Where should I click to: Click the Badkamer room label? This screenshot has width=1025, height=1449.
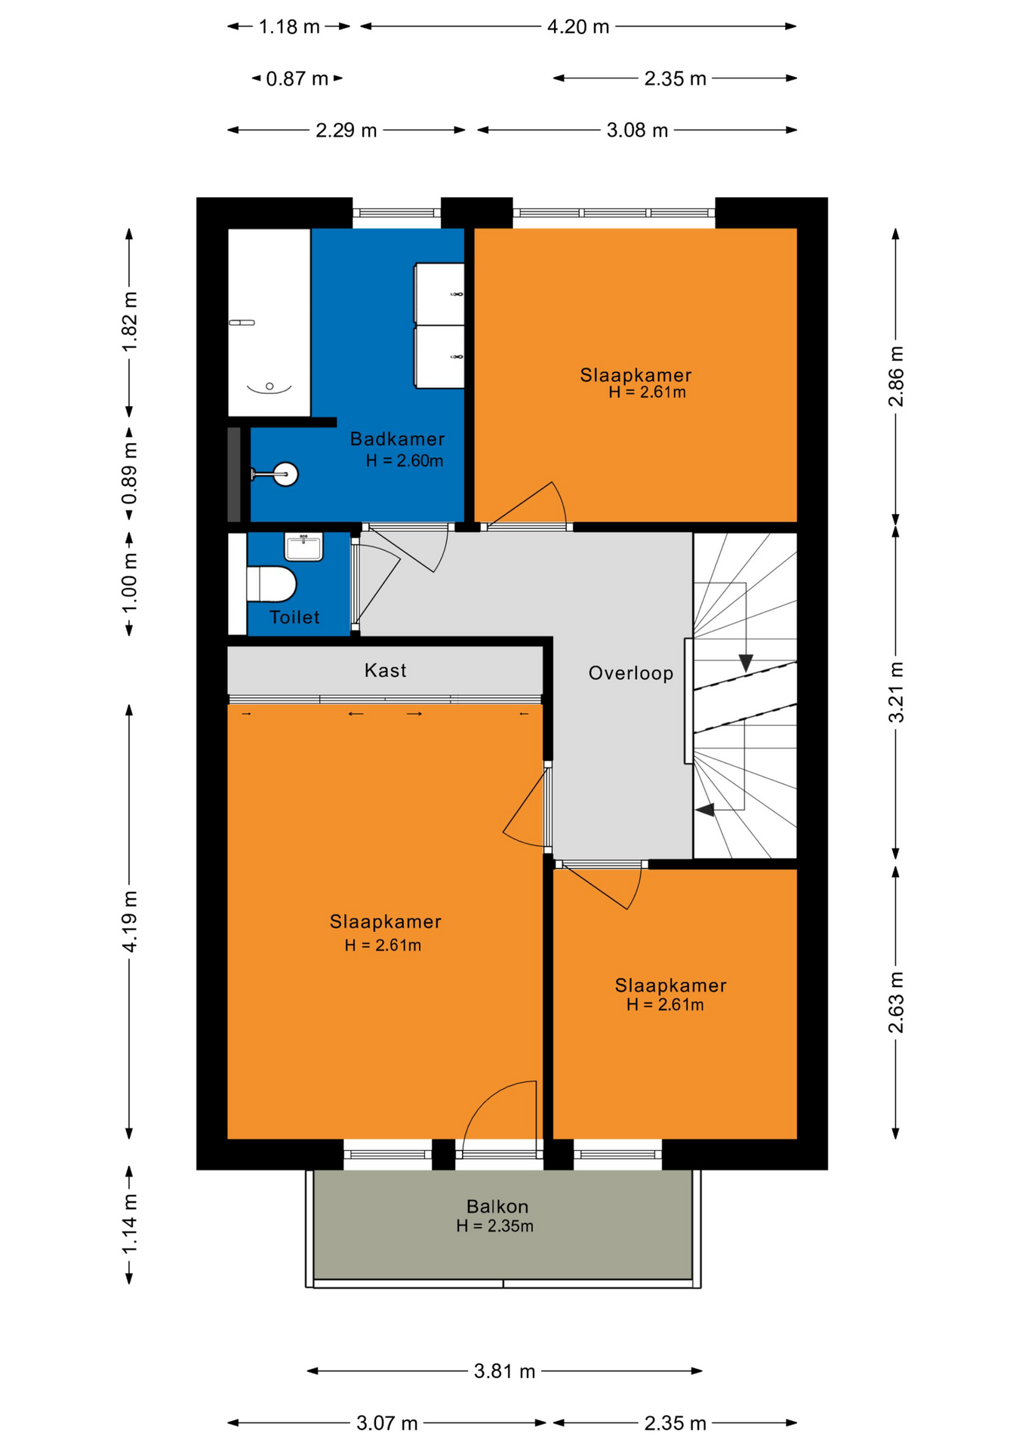tap(397, 438)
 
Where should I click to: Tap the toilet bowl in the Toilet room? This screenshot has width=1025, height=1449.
tap(271, 584)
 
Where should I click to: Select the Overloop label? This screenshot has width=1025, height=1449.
tap(631, 673)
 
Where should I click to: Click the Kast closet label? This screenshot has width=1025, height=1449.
tap(385, 670)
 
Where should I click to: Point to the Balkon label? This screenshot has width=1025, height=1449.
tap(497, 1206)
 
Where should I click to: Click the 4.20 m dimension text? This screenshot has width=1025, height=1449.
tap(578, 27)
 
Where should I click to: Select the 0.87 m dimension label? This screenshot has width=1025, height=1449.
tap(297, 78)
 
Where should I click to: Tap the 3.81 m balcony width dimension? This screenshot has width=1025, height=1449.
tap(504, 1371)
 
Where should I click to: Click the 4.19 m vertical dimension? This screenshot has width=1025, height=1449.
tap(130, 921)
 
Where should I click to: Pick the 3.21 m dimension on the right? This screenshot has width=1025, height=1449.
tap(896, 692)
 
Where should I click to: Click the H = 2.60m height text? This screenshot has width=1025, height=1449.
tap(405, 460)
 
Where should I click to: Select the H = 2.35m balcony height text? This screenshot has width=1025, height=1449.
tap(495, 1226)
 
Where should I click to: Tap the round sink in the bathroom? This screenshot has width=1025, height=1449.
tap(286, 474)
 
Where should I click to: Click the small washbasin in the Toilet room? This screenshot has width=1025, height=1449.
tap(303, 546)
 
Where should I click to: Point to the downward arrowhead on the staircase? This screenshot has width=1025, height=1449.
tap(746, 663)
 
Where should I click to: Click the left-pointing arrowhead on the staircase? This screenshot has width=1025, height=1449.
tap(705, 810)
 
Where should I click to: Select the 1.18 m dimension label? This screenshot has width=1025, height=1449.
tap(290, 27)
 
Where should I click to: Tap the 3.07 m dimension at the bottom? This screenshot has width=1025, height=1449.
tap(387, 1423)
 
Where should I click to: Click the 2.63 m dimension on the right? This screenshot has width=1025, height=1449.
tap(896, 1002)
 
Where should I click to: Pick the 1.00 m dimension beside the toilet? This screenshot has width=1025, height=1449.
tap(130, 583)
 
